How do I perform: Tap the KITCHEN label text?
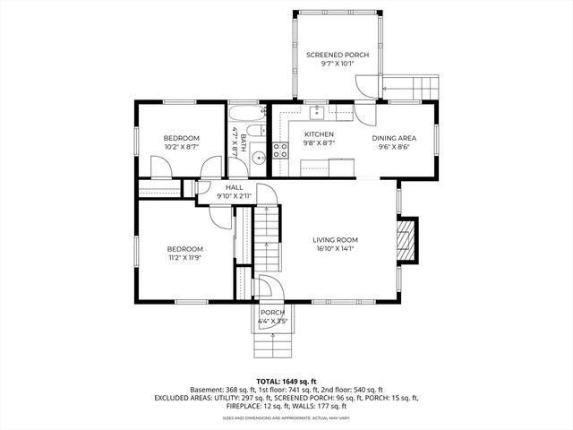pyautogui.click(x=318, y=134)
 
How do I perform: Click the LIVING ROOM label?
pyautogui.click(x=336, y=239)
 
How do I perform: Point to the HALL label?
pyautogui.click(x=234, y=187)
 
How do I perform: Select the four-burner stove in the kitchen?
pyautogui.click(x=279, y=150)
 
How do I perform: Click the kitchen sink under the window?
pyautogui.click(x=317, y=112)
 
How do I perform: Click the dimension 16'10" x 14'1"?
pyautogui.click(x=336, y=250)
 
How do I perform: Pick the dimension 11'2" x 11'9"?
pyautogui.click(x=184, y=258)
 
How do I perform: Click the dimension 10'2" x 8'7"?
pyautogui.click(x=181, y=146)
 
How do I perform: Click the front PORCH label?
pyautogui.click(x=272, y=312)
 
